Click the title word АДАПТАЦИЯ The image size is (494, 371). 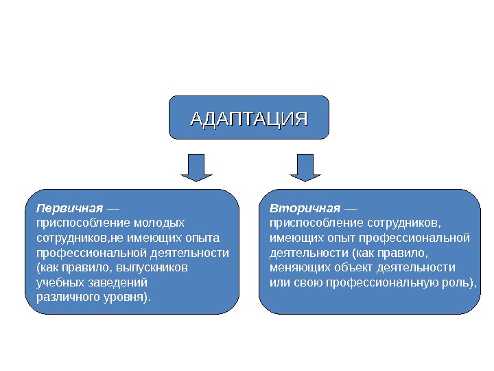248,118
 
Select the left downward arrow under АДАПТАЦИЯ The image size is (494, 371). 197,167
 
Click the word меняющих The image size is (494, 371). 297,267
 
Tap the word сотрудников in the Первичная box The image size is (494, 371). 69,238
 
